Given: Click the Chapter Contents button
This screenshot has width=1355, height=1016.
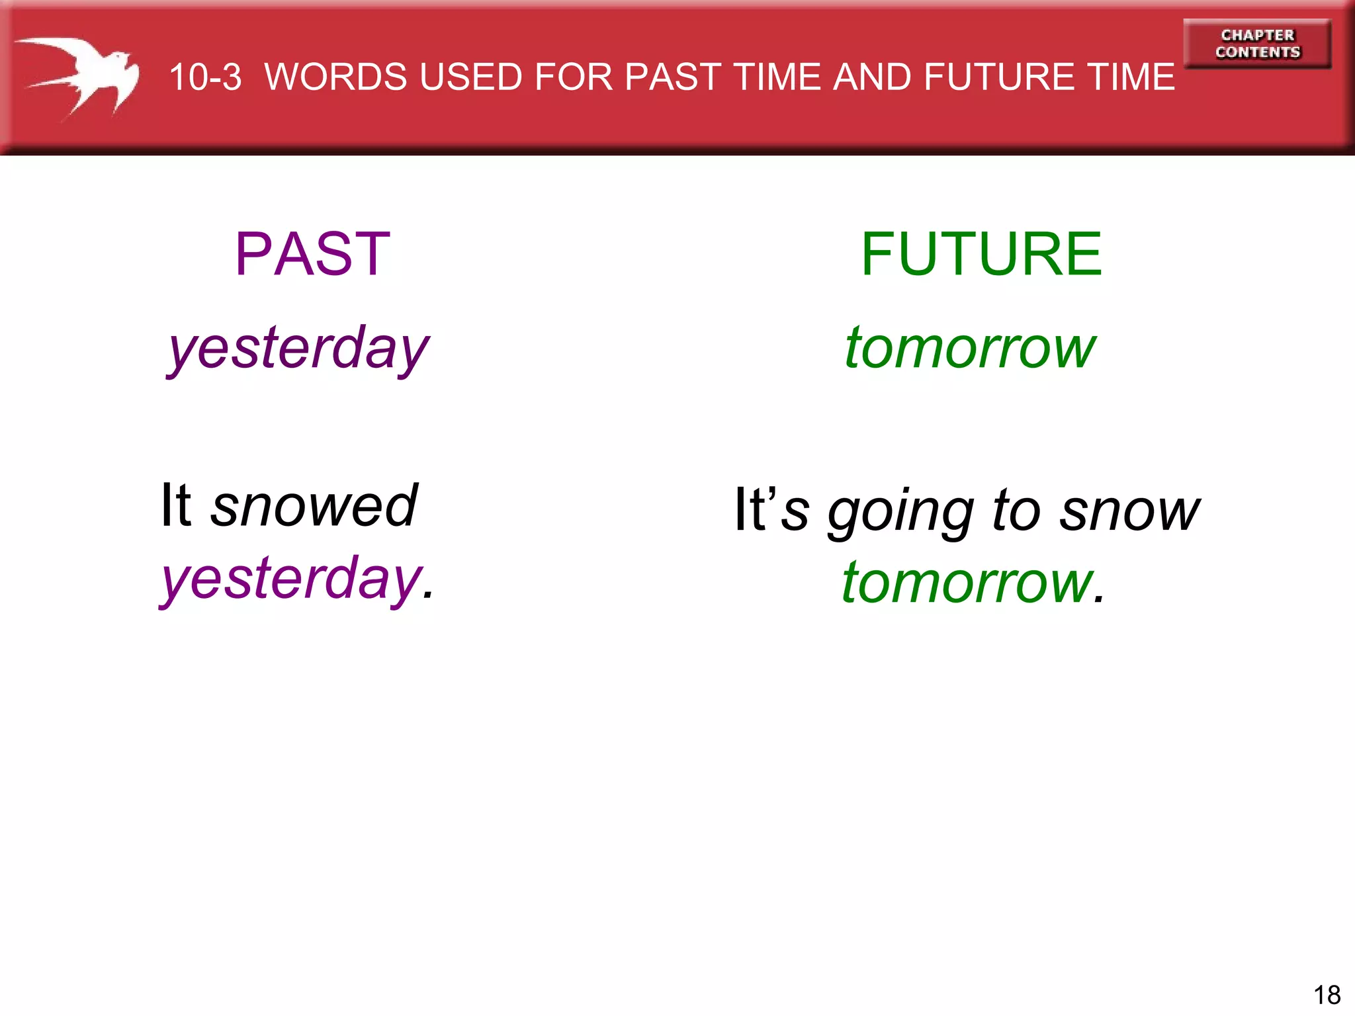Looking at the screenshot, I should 1257,44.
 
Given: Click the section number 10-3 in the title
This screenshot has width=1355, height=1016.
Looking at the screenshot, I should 205,77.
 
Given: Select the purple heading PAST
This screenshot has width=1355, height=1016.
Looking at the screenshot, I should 312,254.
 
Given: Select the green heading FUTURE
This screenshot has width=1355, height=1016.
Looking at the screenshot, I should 981,254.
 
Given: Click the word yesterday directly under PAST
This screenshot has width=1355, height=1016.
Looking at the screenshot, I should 298,349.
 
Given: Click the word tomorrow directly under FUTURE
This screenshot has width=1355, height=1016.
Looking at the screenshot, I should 970,349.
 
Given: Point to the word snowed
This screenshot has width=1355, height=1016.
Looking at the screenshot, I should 314,506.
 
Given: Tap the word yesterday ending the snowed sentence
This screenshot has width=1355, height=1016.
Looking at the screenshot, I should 292,579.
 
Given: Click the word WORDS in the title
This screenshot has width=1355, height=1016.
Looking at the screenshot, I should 337,77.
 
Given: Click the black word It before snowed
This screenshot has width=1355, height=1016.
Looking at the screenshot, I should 176,506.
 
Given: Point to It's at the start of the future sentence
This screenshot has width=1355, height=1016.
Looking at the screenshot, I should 771,510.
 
